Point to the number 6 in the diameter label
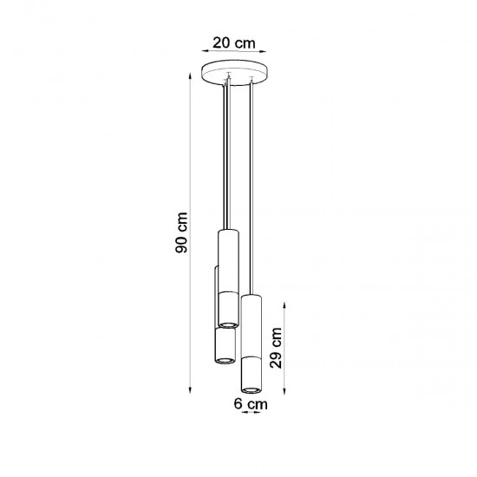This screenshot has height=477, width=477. coord(238,403)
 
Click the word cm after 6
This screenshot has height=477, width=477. coord(255,403)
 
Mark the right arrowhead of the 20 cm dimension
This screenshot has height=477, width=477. coord(265,51)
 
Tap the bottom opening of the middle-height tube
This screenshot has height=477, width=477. coord(225,357)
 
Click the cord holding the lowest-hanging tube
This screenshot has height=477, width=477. coord(252,191)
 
